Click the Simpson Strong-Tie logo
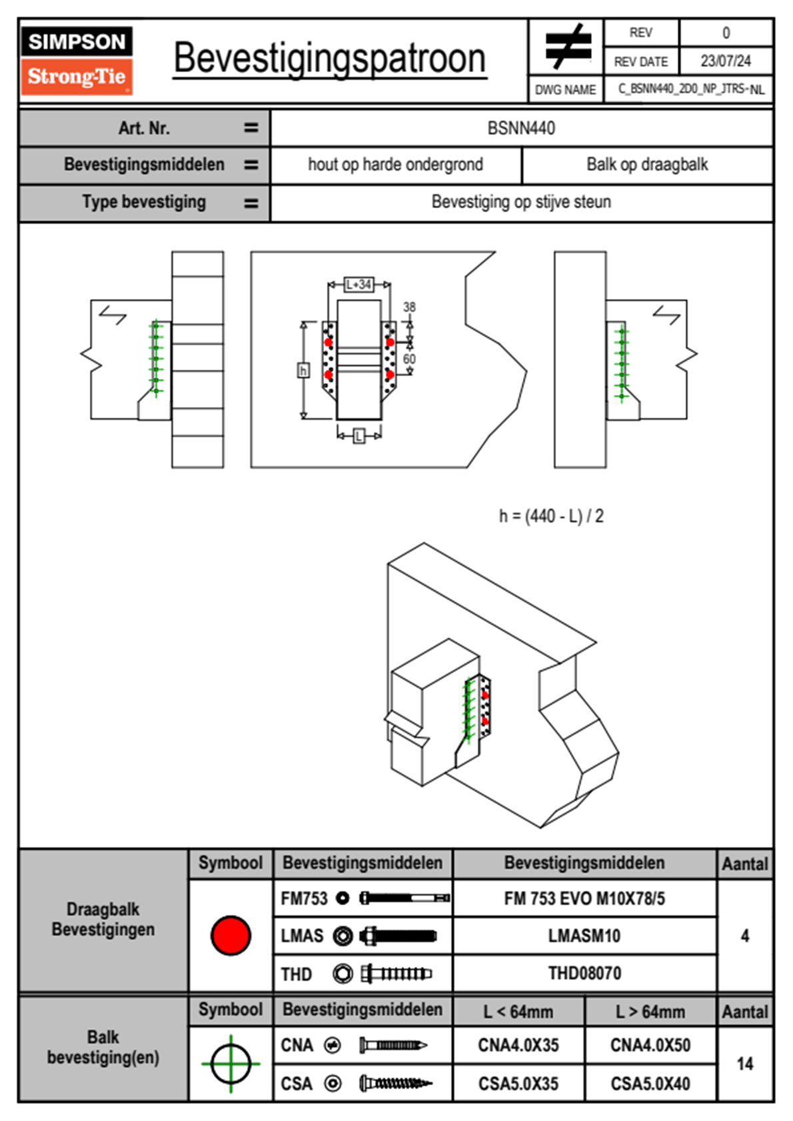tap(77, 61)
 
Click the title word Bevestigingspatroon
tap(329, 59)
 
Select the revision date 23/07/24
tap(725, 61)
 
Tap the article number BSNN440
tap(521, 128)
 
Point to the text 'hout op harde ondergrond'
tap(395, 165)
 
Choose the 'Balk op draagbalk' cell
tap(647, 165)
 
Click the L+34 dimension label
tap(359, 285)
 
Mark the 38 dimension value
tap(409, 307)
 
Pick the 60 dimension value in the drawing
tap(409, 359)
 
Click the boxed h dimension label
tap(303, 371)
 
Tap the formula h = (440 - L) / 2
tap(551, 517)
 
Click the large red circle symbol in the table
tap(231, 935)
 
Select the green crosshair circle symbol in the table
tap(231, 1064)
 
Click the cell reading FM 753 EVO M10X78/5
tap(584, 899)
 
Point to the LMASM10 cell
tap(584, 936)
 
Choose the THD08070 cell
tap(584, 973)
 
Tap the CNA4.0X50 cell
tap(650, 1045)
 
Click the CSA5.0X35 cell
tap(518, 1084)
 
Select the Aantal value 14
tap(745, 1064)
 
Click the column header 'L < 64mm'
tap(518, 1012)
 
